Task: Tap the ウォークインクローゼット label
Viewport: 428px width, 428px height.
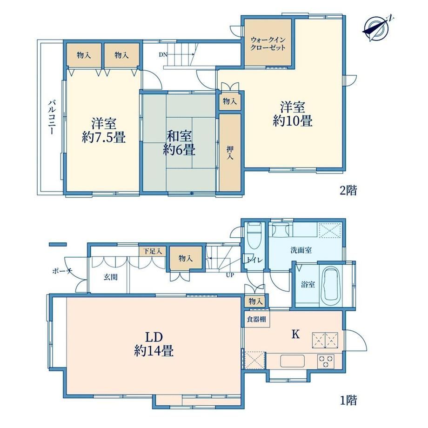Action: pos(268,44)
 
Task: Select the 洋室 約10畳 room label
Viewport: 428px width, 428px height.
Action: pos(292,114)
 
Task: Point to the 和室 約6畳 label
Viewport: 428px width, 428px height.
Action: pos(179,143)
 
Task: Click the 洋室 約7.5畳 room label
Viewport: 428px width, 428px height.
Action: pos(104,130)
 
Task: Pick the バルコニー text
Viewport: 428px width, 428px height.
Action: pos(52,117)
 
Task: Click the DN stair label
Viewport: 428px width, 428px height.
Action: pos(163,54)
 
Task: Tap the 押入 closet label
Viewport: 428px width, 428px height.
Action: pos(230,153)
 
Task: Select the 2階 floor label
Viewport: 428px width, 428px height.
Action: pos(348,190)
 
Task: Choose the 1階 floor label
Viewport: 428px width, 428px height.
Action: pos(348,401)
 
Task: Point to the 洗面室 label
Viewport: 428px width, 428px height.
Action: pos(301,250)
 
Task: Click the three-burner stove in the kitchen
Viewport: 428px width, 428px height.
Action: pos(326,361)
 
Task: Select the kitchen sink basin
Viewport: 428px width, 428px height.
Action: pos(292,361)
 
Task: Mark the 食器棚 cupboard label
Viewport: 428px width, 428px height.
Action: pos(256,319)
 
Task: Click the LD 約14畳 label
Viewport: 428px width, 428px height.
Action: pos(154,344)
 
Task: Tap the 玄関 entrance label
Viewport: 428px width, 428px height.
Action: pos(111,277)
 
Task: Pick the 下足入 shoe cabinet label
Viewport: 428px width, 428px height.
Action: pos(153,251)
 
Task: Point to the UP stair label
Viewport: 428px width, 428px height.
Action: pos(230,275)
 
